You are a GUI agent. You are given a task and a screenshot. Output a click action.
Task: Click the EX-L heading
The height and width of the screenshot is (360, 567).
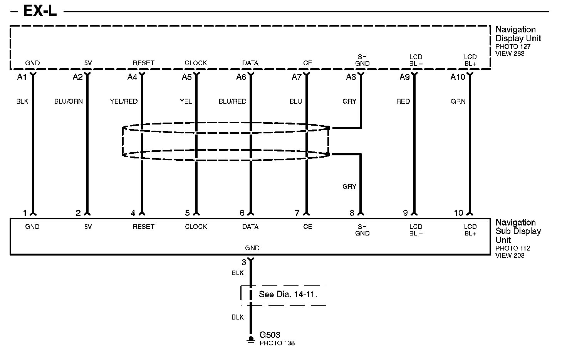tap(40, 11)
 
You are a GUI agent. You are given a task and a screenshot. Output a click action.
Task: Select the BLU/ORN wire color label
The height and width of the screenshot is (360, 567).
tap(68, 101)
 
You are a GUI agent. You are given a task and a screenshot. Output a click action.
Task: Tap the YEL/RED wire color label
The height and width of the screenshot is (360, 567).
tap(124, 101)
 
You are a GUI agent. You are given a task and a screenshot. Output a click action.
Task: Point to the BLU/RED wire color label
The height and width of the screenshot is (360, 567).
tap(232, 101)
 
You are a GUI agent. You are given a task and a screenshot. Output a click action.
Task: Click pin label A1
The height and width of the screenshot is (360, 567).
tap(22, 77)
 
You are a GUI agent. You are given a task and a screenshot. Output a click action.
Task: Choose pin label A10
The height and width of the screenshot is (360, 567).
tap(458, 77)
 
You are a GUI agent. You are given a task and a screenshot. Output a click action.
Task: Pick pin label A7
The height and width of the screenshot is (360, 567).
tap(296, 77)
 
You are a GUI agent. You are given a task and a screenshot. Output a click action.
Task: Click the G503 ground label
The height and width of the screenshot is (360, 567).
tap(270, 335)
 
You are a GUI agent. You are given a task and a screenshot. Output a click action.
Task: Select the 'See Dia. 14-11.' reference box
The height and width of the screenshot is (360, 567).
tap(283, 295)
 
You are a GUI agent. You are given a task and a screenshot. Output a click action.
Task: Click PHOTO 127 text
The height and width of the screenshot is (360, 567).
tap(513, 47)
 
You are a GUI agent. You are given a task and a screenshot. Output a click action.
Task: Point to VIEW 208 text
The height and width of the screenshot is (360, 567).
tap(510, 255)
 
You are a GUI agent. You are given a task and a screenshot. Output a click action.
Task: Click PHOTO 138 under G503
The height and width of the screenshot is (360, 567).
tap(277, 343)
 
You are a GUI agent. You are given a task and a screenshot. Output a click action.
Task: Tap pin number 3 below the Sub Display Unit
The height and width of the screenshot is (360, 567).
tap(244, 262)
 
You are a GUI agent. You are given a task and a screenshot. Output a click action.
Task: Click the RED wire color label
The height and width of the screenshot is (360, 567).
tap(403, 101)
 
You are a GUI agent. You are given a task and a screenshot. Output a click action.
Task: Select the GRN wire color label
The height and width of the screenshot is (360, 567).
tap(458, 101)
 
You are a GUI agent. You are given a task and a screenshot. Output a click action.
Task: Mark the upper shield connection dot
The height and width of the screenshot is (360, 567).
tap(328, 128)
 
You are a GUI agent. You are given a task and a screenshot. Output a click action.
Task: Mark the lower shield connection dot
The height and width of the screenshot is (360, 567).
tap(328, 154)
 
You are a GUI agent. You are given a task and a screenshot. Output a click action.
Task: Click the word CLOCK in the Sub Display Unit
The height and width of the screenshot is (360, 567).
tap(196, 227)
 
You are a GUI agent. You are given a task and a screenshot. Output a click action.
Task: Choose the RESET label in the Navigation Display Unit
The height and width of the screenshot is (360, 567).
tap(143, 63)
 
